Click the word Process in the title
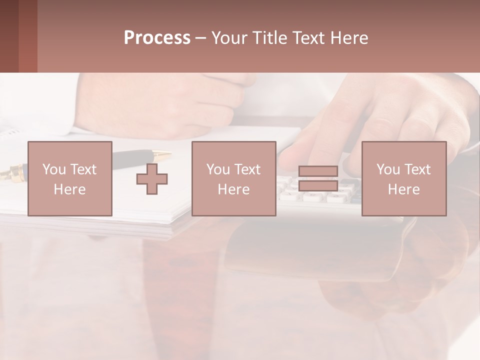point(157,38)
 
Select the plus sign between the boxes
point(152,179)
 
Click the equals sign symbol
point(318,178)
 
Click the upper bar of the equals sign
point(318,171)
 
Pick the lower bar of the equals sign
point(318,185)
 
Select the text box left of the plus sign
point(69,178)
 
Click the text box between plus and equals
point(233,178)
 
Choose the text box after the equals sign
point(403,178)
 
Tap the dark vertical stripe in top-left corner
point(9,36)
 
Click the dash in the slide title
point(201,38)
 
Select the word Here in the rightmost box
point(403,189)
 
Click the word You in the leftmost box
point(54,169)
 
